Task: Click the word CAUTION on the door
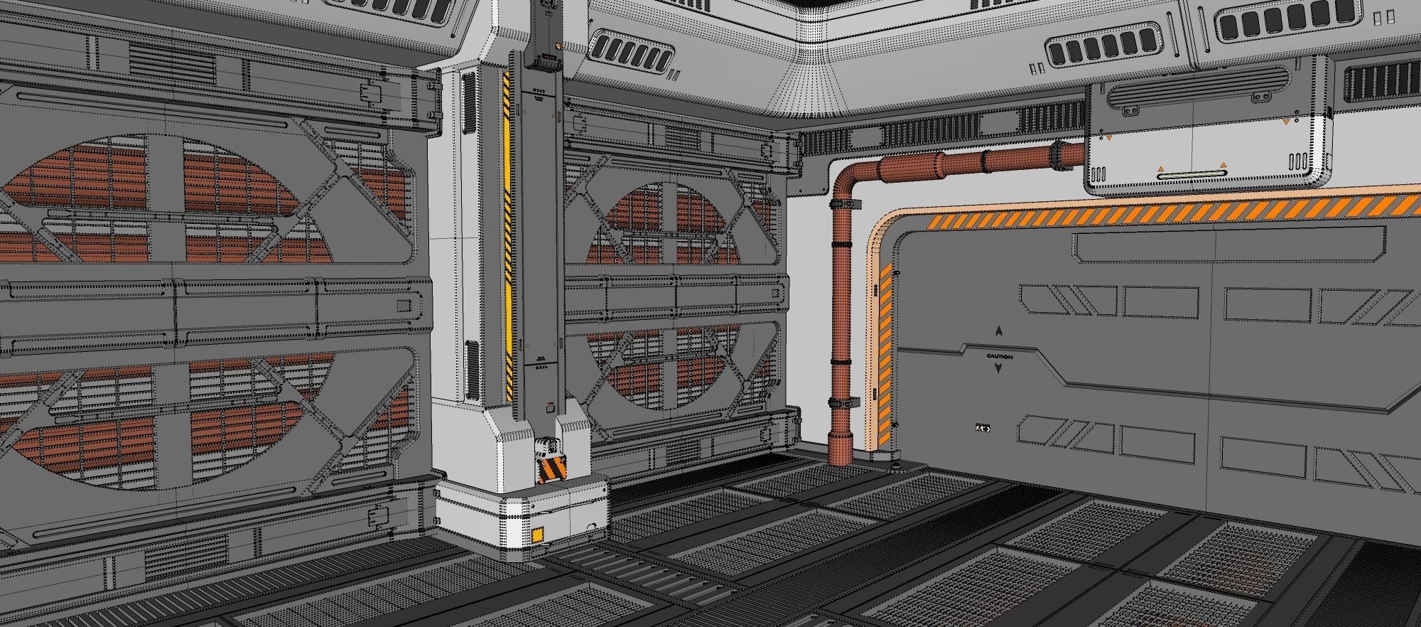click(999, 356)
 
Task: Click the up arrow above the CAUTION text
click(999, 331)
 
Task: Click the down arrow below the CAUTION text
click(999, 368)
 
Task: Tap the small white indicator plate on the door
click(983, 428)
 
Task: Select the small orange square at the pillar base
click(539, 534)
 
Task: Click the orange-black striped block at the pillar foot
click(553, 470)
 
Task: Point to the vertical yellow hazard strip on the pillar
click(507, 235)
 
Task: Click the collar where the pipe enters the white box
click(1060, 155)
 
